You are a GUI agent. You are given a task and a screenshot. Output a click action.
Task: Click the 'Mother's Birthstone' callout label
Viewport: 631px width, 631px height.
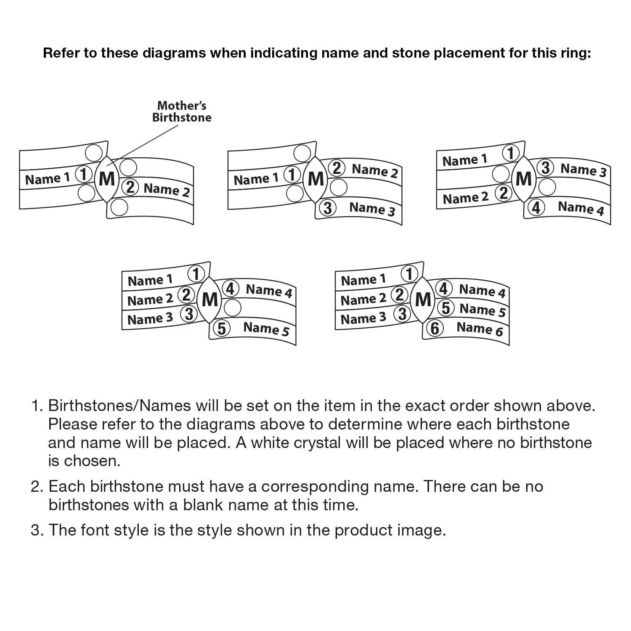tap(182, 111)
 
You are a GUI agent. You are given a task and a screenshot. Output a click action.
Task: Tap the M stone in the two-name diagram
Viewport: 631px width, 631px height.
tap(107, 179)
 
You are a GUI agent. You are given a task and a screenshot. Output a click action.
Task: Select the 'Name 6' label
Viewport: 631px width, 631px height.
tap(480, 329)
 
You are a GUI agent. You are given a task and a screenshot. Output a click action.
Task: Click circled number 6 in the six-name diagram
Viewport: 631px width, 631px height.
tap(435, 328)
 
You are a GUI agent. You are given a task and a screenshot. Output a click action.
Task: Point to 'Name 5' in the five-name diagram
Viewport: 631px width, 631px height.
tap(266, 329)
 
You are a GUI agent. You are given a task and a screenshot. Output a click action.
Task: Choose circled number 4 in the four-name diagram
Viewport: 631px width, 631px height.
tap(536, 208)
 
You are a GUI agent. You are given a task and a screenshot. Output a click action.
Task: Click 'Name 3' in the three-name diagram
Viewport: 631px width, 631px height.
tap(372, 208)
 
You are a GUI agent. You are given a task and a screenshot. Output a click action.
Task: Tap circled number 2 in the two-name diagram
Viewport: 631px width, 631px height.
tap(130, 187)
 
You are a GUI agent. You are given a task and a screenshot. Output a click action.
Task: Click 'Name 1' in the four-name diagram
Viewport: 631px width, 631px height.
tap(464, 160)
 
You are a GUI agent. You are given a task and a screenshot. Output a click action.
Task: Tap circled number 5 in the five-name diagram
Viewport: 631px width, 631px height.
tap(222, 328)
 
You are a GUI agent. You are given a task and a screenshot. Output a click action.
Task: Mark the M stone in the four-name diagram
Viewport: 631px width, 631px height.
tap(523, 179)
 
